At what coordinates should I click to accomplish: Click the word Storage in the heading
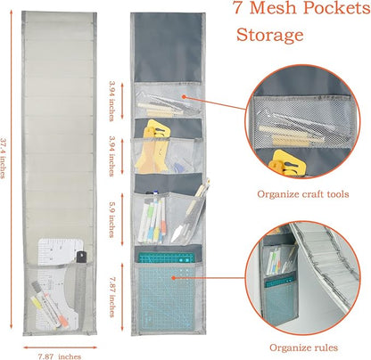pyautogui.click(x=269, y=35)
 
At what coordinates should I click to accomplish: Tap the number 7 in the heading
pyautogui.click(x=237, y=7)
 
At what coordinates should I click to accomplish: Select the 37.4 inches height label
pyautogui.click(x=3, y=158)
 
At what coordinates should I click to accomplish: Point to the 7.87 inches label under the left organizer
pyautogui.click(x=60, y=356)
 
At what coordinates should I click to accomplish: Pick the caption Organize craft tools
pyautogui.click(x=303, y=194)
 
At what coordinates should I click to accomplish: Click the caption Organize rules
pyautogui.click(x=303, y=348)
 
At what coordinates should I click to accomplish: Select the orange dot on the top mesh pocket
pyautogui.click(x=184, y=96)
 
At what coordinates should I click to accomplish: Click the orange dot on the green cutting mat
pyautogui.click(x=173, y=278)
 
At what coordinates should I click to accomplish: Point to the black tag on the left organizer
pyautogui.click(x=81, y=257)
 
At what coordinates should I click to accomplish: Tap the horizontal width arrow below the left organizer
pyautogui.click(x=61, y=348)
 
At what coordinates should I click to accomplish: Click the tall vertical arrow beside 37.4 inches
pyautogui.click(x=12, y=169)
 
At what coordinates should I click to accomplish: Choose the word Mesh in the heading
pyautogui.click(x=275, y=8)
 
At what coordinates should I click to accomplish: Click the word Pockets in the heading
pyautogui.click(x=337, y=8)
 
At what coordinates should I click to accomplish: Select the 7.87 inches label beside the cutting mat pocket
pyautogui.click(x=111, y=297)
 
